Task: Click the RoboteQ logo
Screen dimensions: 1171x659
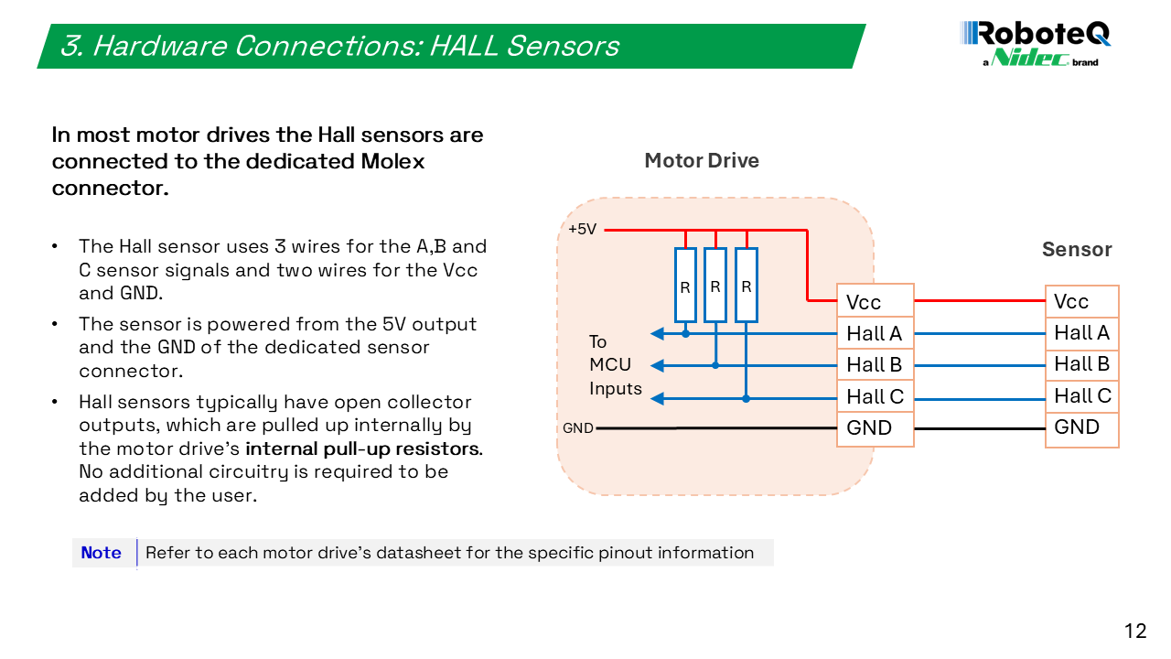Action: [1035, 44]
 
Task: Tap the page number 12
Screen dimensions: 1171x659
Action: [1135, 631]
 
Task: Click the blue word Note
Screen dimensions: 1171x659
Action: [101, 552]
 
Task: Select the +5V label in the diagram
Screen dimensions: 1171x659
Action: [583, 229]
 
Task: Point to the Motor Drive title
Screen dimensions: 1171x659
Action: [702, 160]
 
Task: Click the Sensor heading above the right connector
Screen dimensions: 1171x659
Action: [1077, 249]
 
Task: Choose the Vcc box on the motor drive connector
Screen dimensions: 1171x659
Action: [876, 301]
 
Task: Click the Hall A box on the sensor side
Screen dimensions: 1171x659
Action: [1082, 333]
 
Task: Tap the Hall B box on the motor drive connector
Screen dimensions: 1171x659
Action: [876, 364]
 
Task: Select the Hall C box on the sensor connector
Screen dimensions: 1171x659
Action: [1082, 396]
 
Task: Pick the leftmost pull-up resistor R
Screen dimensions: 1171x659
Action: [685, 285]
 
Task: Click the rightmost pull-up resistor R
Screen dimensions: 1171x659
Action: [747, 285]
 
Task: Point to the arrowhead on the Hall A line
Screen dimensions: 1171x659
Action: [657, 333]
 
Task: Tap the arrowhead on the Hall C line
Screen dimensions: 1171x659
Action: [657, 398]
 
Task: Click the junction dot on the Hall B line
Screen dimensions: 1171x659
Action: [715, 365]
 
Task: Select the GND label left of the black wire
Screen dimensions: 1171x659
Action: [578, 428]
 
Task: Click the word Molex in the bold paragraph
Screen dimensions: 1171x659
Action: [392, 161]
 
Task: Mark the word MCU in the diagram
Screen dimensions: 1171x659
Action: [610, 364]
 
